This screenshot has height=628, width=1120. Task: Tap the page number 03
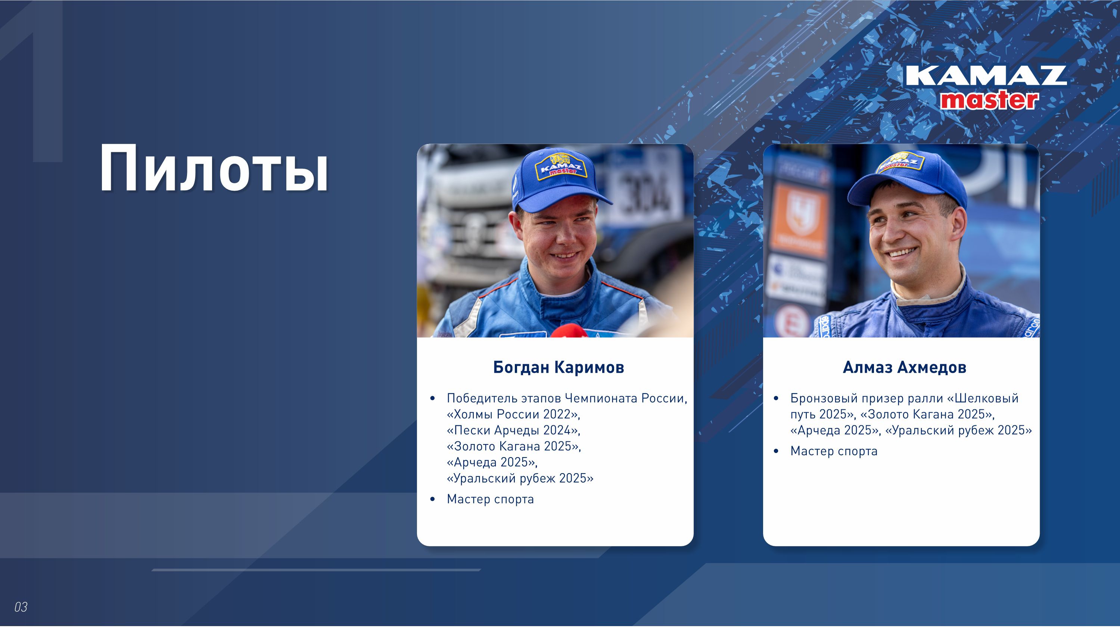point(21,607)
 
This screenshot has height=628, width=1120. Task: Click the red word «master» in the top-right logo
point(989,100)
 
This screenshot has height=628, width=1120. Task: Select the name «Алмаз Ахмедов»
point(904,367)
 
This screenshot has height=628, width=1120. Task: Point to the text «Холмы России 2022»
point(513,414)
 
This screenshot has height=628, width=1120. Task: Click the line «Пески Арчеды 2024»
point(513,430)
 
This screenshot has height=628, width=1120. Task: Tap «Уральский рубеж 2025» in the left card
point(520,478)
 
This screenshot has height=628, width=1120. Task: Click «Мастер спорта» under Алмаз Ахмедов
point(834,451)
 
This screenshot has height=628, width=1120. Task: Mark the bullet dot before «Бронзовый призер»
point(776,399)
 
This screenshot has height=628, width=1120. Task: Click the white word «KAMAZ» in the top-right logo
point(986,76)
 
